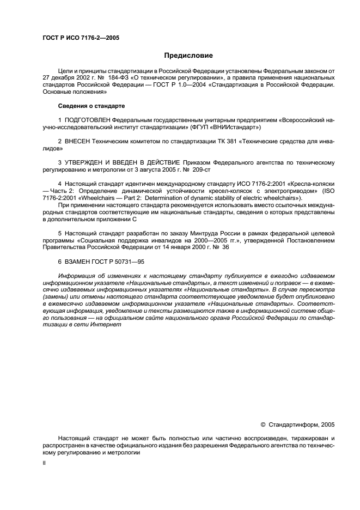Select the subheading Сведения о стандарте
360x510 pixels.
point(91,105)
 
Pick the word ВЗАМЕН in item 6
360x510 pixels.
point(78,262)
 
